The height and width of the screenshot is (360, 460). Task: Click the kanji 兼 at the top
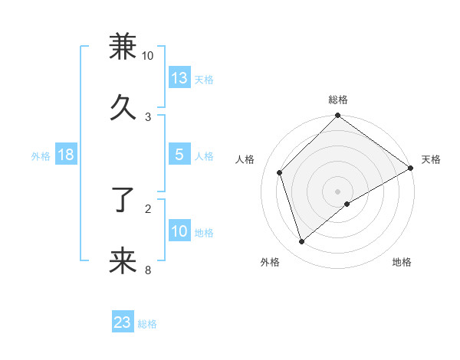coord(123,47)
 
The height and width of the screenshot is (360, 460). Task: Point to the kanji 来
coord(123,261)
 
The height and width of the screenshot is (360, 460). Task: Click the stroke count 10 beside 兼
coord(148,56)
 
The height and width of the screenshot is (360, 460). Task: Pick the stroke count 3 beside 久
coord(148,116)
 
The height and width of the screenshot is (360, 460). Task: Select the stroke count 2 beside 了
coord(148,208)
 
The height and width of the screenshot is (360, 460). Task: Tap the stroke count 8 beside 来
coord(148,269)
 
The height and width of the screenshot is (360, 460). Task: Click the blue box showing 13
coord(179,78)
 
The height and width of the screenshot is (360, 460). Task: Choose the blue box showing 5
coord(179,155)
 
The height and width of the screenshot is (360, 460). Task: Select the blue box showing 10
coord(179,231)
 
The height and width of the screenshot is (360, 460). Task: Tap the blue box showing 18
coord(65,155)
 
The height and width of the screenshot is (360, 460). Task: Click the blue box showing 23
coord(123,322)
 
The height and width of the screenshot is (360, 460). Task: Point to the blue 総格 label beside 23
coord(147,324)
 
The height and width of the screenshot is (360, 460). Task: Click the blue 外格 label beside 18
coord(41,156)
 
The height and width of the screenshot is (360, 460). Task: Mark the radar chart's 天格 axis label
coord(431,159)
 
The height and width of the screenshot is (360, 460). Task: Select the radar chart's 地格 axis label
coord(402,262)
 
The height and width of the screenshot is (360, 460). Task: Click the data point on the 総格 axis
coord(337,116)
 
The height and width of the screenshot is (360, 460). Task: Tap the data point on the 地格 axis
coord(347,204)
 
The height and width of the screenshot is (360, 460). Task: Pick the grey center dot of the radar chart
coord(337,191)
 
